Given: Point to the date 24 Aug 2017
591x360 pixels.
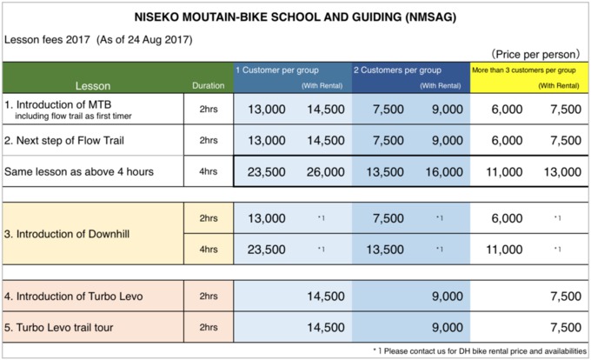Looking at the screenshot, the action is pyautogui.click(x=160, y=40).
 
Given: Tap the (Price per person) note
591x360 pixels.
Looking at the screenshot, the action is pyautogui.click(x=535, y=54).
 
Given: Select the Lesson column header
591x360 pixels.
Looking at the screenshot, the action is pyautogui.click(x=93, y=86).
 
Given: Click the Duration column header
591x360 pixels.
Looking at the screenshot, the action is pyautogui.click(x=208, y=86).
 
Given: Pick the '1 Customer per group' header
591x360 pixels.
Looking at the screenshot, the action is pyautogui.click(x=277, y=70).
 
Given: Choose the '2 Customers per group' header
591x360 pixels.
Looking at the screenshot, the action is pyautogui.click(x=397, y=70).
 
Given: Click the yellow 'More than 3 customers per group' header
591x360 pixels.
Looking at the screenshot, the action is pyautogui.click(x=524, y=70).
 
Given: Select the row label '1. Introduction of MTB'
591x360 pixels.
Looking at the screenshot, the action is pyautogui.click(x=57, y=104).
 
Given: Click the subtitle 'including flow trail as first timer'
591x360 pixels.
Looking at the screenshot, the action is pyautogui.click(x=74, y=117).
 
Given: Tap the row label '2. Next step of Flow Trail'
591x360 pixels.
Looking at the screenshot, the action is pyautogui.click(x=64, y=141).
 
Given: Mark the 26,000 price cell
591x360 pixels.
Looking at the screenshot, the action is pyautogui.click(x=326, y=172).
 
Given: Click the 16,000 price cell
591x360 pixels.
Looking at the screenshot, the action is pyautogui.click(x=444, y=172).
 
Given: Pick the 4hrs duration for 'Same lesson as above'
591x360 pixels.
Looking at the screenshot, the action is pyautogui.click(x=209, y=171).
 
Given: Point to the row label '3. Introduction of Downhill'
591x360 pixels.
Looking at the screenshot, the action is pyautogui.click(x=67, y=234).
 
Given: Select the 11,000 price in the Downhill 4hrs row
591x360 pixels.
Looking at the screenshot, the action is pyautogui.click(x=504, y=250).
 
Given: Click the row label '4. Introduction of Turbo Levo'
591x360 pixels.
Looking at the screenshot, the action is pyautogui.click(x=74, y=297).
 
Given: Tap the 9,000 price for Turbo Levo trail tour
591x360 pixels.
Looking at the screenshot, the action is pyautogui.click(x=448, y=328).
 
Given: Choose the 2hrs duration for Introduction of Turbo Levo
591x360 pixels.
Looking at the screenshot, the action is pyautogui.click(x=209, y=297).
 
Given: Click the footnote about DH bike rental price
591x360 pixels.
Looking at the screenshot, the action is pyautogui.click(x=480, y=351).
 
